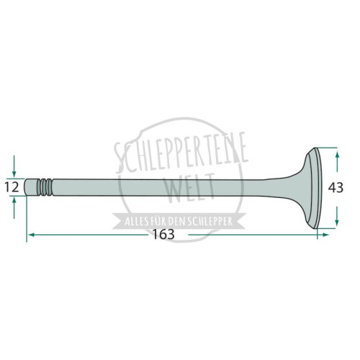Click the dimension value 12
pyautogui.click(x=12, y=187)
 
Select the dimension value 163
pyautogui.click(x=163, y=234)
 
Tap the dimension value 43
pyautogui.click(x=336, y=188)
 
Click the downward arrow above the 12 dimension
pyautogui.click(x=14, y=166)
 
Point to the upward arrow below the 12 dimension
pyautogui.click(x=14, y=207)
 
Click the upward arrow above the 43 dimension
pyautogui.click(x=337, y=161)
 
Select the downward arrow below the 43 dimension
pyautogui.click(x=337, y=216)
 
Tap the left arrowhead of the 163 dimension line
pyautogui.click(x=31, y=235)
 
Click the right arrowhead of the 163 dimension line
pyautogui.click(x=325, y=235)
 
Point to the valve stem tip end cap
pyautogui.click(x=31, y=187)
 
